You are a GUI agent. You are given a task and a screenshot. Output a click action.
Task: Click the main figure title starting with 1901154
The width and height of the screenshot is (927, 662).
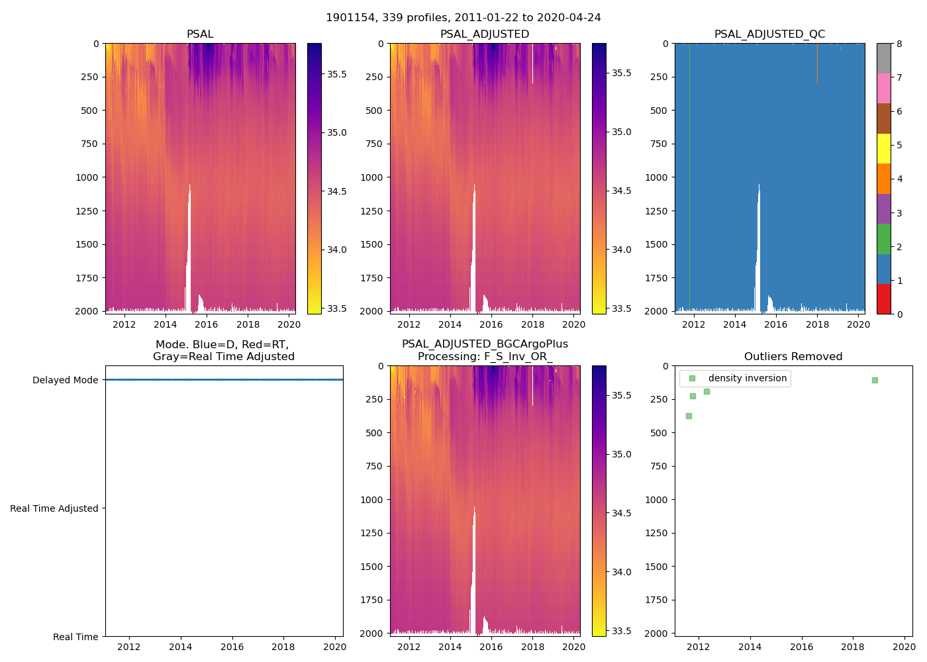(463, 17)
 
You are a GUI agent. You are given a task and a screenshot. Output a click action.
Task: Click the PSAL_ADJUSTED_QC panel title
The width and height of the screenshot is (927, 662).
(769, 34)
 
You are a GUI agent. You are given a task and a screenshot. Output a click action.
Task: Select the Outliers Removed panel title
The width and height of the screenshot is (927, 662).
(793, 356)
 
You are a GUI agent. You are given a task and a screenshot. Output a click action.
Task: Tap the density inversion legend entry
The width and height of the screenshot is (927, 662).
(747, 378)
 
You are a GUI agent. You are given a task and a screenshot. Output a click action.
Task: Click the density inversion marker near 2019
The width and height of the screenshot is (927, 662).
(875, 380)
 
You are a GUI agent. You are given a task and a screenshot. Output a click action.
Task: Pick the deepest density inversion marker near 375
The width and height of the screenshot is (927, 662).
(689, 416)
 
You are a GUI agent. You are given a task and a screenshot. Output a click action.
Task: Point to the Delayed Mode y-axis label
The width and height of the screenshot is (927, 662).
(65, 380)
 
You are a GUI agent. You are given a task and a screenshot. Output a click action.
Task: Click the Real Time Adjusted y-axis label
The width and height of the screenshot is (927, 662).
(54, 508)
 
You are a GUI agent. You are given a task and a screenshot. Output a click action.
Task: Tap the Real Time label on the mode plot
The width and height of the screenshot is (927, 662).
(75, 637)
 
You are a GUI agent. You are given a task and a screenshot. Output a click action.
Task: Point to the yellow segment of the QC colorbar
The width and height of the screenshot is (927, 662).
(883, 148)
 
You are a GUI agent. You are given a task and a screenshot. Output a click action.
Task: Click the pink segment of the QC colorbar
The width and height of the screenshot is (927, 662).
(883, 88)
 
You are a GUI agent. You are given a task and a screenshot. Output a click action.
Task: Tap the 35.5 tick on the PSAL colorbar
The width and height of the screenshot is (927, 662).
(336, 74)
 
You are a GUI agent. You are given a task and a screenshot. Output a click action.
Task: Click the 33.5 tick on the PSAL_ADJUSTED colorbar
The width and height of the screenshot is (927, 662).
(621, 308)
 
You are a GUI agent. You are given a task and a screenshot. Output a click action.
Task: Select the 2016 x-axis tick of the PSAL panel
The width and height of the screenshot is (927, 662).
(207, 324)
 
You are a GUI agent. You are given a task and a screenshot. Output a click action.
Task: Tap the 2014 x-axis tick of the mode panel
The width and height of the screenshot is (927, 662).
(180, 647)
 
